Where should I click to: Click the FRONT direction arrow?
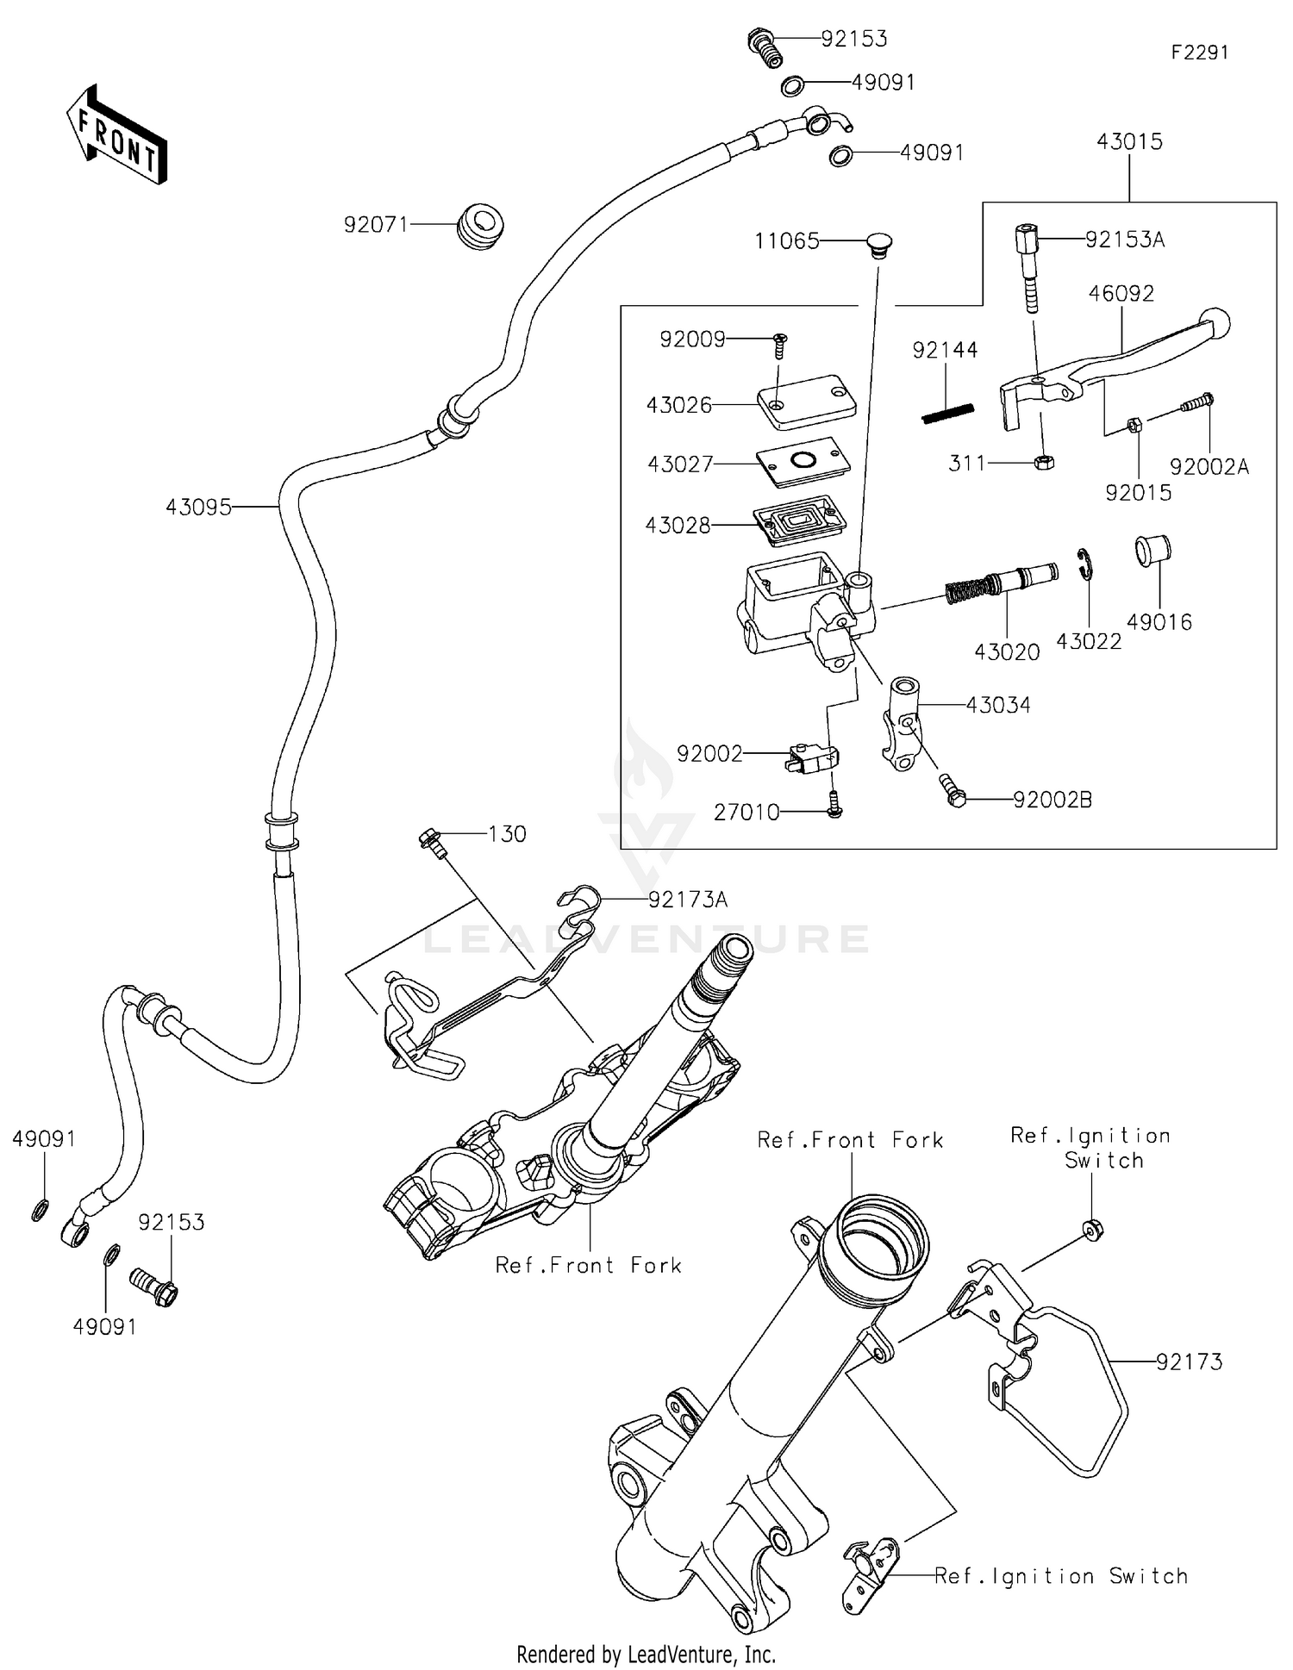[x=116, y=135]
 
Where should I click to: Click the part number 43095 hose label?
[x=198, y=508]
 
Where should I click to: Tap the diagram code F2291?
[x=1199, y=53]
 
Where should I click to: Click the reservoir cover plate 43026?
[x=806, y=402]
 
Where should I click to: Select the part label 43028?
[x=678, y=525]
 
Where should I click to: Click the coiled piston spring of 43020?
[x=965, y=589]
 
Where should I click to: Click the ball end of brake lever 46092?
[x=1215, y=324]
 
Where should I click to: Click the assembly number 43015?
[x=1129, y=141]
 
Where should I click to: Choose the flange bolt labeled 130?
[x=432, y=842]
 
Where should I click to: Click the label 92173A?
[x=687, y=900]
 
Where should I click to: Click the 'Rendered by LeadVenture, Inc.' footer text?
[x=646, y=1654]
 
